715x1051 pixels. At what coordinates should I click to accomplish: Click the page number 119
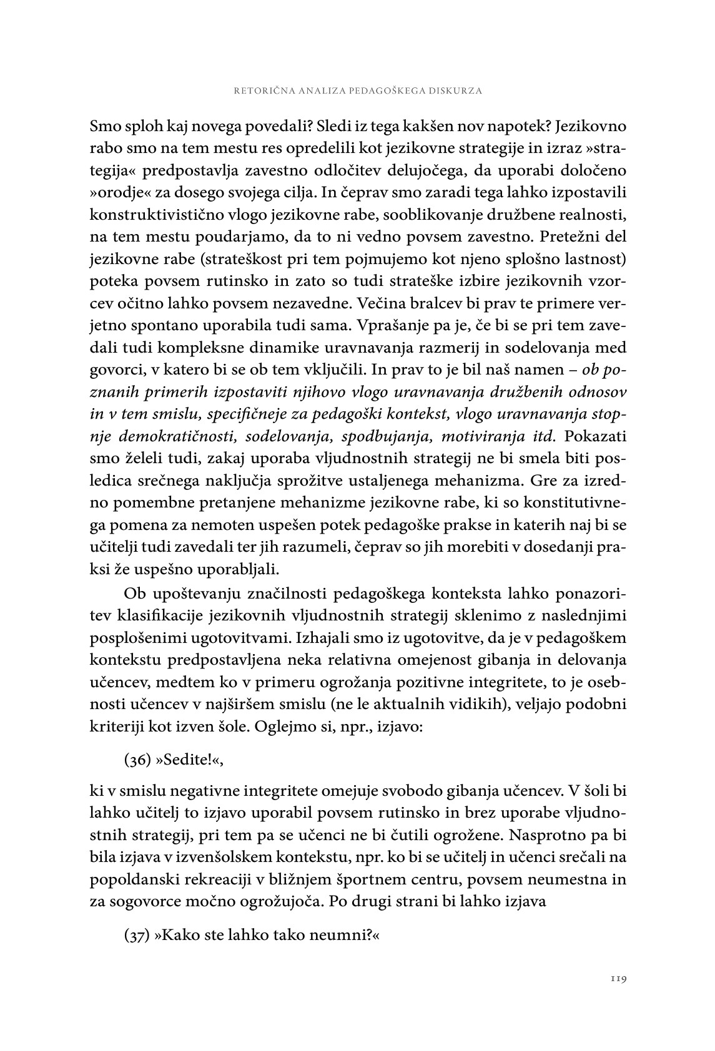618,979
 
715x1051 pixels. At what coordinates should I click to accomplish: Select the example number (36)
137,760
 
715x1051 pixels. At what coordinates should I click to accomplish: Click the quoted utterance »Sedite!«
189,760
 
